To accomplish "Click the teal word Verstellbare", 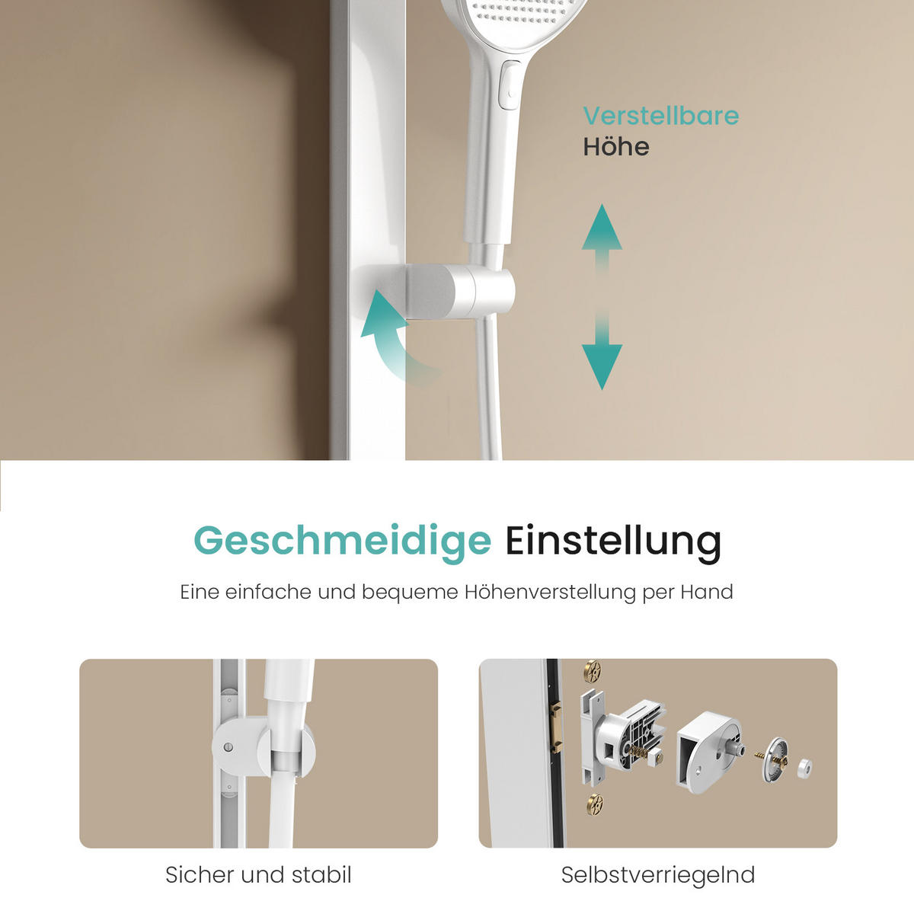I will [660, 116].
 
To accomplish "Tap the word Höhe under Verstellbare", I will [615, 146].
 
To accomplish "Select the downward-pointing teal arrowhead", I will [602, 366].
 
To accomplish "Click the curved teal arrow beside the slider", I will [392, 335].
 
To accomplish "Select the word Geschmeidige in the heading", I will [342, 541].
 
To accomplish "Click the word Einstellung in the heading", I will [613, 541].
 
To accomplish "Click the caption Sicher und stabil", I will [258, 875].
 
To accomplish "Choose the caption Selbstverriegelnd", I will [657, 875].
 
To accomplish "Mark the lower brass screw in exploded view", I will [594, 803].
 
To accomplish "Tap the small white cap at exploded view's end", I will [804, 768].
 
